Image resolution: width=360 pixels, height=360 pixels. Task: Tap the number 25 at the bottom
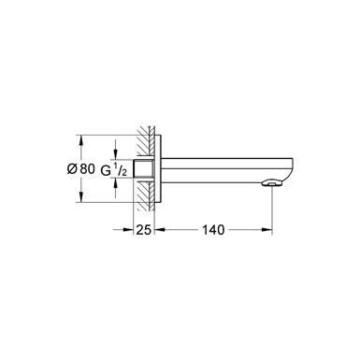click(140, 228)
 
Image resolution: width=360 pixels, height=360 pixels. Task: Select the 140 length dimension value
click(212, 228)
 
